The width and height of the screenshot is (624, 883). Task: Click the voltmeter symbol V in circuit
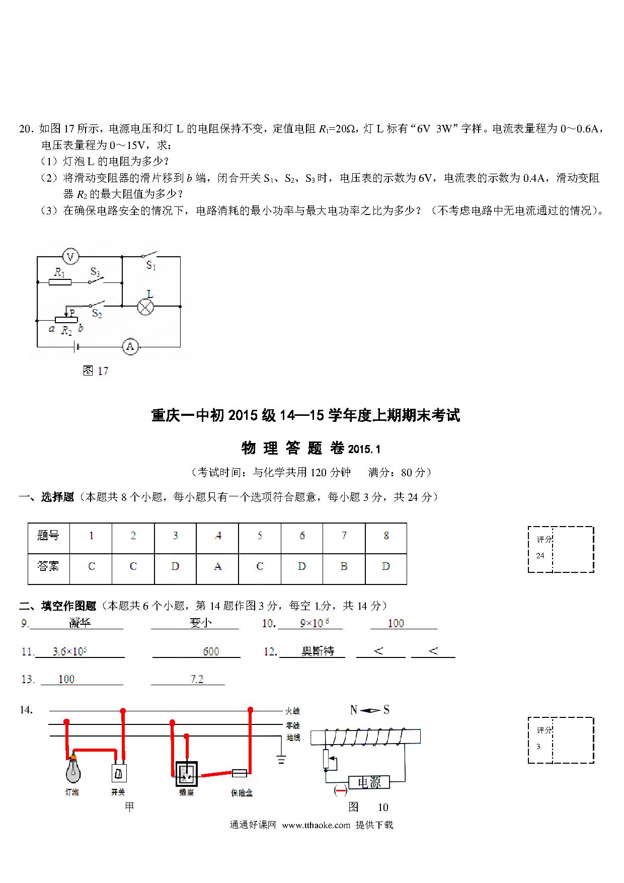click(x=70, y=257)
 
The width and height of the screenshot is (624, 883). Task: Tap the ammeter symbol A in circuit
click(x=130, y=346)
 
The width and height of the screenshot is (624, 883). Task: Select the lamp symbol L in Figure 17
click(x=145, y=306)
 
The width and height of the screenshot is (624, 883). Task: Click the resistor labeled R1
click(x=60, y=282)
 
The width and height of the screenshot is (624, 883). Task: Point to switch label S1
click(x=151, y=265)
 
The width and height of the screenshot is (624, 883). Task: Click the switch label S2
click(x=97, y=314)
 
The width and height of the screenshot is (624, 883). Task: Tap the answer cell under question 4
click(x=217, y=567)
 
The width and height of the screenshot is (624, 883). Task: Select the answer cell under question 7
click(x=344, y=567)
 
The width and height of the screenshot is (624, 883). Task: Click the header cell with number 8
click(x=386, y=536)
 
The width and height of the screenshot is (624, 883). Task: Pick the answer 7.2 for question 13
click(x=197, y=679)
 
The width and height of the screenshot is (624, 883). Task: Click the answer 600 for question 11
click(x=211, y=651)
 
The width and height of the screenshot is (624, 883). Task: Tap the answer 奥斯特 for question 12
click(x=318, y=651)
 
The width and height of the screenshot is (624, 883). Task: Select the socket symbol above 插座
click(x=186, y=774)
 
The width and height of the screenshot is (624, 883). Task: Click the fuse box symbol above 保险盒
click(x=239, y=772)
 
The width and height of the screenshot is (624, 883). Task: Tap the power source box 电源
click(x=369, y=782)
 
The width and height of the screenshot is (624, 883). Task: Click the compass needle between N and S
click(x=370, y=710)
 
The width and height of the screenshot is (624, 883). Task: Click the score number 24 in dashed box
click(x=540, y=556)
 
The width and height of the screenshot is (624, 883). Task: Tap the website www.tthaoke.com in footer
click(x=316, y=825)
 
